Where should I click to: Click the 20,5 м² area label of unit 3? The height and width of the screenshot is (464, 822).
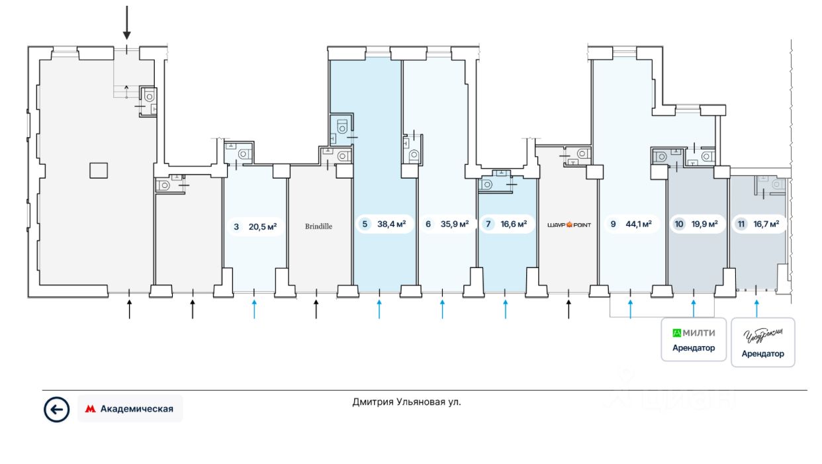[262, 226]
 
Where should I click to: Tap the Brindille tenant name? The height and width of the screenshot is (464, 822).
[318, 226]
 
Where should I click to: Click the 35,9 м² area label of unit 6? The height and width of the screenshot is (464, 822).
[455, 224]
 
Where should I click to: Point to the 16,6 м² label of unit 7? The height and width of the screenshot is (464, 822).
[514, 224]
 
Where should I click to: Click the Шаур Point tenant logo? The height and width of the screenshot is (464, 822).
[569, 225]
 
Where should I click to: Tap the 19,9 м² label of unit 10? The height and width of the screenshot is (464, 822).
[704, 224]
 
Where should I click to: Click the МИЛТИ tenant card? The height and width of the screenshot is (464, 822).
[694, 340]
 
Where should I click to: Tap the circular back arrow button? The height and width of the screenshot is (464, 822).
[56, 409]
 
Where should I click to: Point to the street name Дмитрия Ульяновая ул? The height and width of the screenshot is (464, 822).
[406, 402]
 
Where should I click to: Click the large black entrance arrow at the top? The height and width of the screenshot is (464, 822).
[127, 23]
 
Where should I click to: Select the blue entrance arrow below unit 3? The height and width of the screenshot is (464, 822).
[254, 308]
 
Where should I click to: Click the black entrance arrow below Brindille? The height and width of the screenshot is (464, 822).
[316, 308]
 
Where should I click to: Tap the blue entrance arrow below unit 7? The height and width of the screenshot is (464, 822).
[506, 308]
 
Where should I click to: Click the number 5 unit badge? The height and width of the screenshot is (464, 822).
[364, 224]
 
